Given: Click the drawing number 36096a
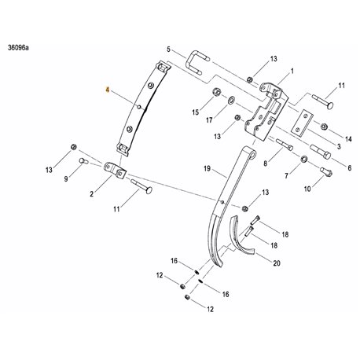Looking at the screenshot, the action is [18, 48].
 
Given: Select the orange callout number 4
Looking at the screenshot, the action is [107, 90].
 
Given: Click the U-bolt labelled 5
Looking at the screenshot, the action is [197, 62].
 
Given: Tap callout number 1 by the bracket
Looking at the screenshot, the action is [292, 72].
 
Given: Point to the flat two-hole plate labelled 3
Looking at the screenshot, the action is [301, 123].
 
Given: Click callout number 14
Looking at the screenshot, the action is [348, 139].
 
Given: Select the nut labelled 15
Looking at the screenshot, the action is [217, 92].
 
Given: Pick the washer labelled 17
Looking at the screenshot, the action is [231, 101].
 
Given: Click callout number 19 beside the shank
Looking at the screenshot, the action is [207, 168].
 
